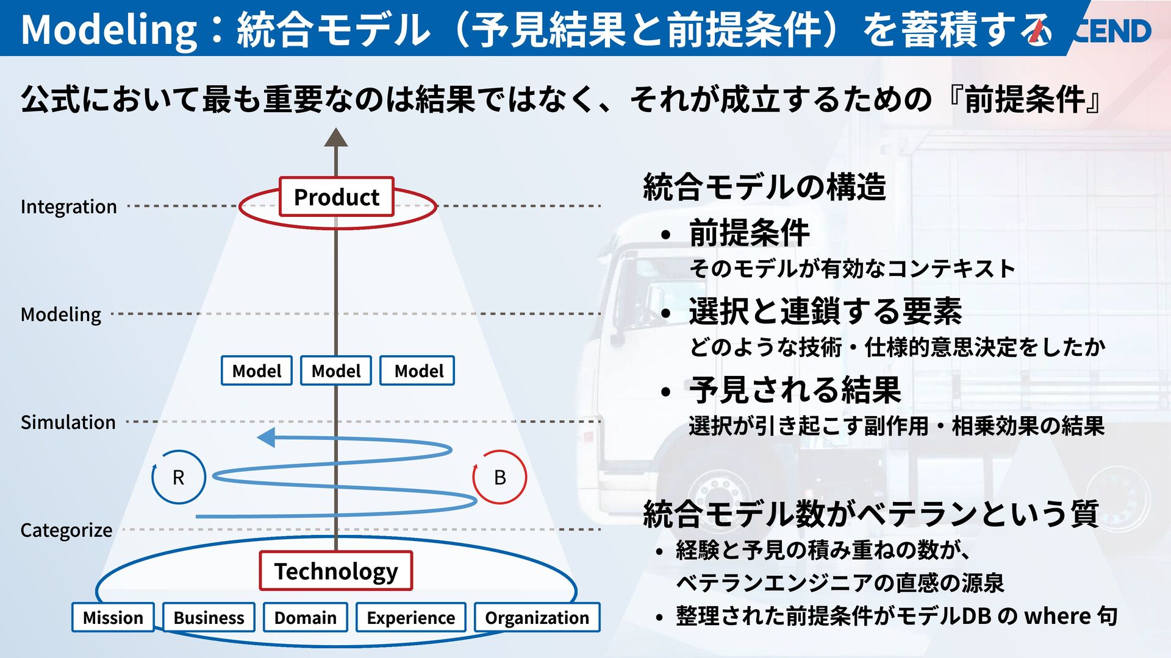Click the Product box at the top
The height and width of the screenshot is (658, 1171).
pos(336,197)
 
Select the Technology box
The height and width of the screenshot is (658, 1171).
pos(335,571)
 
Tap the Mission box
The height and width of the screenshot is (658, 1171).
pos(113,617)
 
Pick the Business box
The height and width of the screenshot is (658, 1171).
pos(209,617)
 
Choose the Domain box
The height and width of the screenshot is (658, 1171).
pos(305,617)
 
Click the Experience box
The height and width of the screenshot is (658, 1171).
pos(410,617)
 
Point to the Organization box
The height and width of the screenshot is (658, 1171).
pos(537,617)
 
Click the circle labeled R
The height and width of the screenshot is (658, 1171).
pos(178,477)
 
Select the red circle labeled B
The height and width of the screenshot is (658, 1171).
pos(500,477)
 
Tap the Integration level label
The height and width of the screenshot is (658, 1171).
pos(68,207)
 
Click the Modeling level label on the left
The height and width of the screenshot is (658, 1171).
pos(61,314)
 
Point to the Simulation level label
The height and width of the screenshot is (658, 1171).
pos(68,422)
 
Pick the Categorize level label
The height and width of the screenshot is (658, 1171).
pos(66,530)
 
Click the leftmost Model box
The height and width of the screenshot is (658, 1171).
pos(257,370)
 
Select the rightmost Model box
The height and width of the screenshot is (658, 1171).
pos(418,370)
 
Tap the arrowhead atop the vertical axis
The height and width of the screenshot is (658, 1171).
pos(335,138)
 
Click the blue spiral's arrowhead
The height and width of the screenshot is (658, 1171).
pos(266,437)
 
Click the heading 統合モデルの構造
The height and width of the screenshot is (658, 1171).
pos(764,186)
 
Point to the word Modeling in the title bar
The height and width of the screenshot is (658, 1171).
pos(109,29)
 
